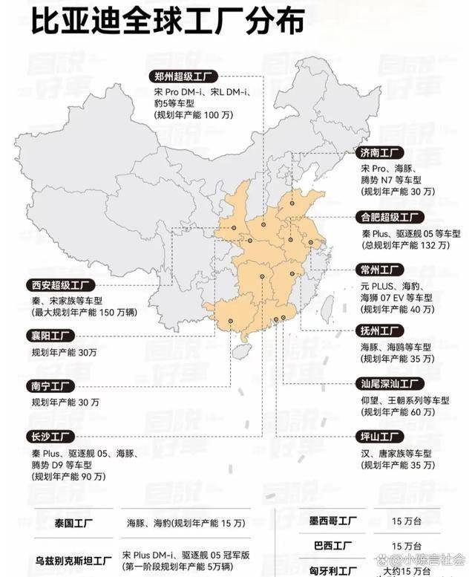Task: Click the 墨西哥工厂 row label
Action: tap(333, 521)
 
